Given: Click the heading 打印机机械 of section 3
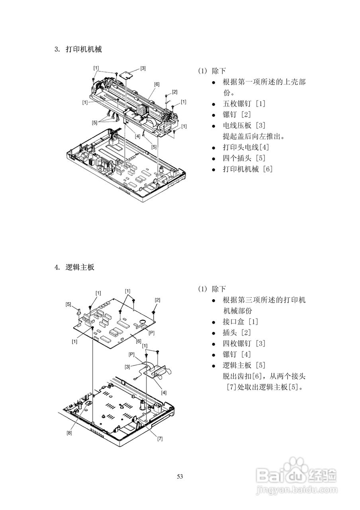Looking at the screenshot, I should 84,50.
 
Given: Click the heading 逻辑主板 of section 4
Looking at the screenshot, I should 80,267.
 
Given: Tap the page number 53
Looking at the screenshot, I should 180,476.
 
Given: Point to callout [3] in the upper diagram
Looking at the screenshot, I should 143,68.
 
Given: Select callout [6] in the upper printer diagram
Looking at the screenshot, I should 157,84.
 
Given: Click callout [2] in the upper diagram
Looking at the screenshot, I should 174,92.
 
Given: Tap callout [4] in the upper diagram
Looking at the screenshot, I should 137,136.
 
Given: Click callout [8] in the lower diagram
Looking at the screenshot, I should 69,433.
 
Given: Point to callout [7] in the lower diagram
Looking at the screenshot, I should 160,439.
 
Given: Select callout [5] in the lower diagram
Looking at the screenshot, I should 68,304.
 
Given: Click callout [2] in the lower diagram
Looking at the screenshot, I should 157,300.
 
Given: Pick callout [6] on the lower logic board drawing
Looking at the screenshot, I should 138,341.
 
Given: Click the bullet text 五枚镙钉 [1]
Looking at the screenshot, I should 244,104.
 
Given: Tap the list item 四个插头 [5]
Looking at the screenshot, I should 244,158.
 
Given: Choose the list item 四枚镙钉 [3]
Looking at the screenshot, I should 244,343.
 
